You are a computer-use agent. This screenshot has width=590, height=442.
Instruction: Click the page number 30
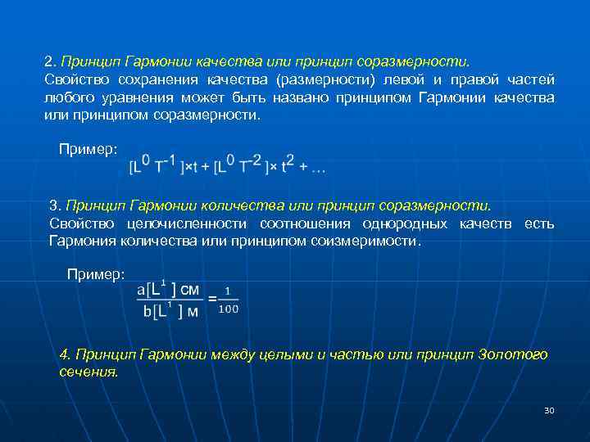coord(549,410)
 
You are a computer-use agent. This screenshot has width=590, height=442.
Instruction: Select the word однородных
coord(406,223)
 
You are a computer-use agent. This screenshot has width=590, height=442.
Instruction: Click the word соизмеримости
coord(365,241)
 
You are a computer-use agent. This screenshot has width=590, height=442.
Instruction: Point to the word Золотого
coord(514,354)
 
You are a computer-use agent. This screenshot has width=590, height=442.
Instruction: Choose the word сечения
coord(88,371)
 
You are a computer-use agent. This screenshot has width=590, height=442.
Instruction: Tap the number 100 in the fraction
coord(229,309)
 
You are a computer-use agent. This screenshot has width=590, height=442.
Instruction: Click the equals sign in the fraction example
coord(212,300)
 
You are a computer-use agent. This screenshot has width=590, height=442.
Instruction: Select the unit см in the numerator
coord(188,289)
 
